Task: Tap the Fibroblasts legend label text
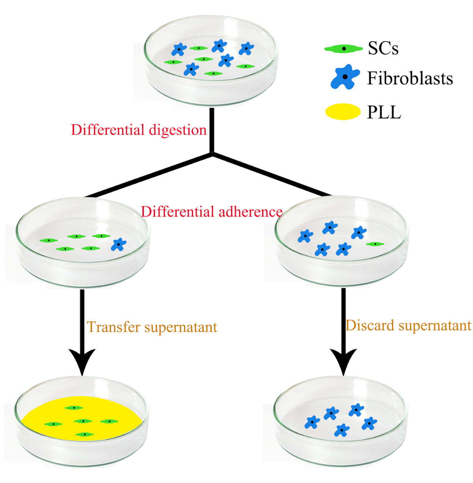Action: point(410,78)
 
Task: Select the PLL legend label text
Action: point(384,112)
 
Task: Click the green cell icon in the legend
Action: point(343,48)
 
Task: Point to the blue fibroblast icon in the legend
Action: point(345,77)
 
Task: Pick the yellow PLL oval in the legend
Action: point(343,111)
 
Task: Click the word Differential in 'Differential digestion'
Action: point(108,130)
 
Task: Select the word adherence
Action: point(250,212)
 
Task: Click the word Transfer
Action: point(114,327)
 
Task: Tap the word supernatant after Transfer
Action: point(181,328)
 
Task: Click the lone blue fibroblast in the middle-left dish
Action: point(119,244)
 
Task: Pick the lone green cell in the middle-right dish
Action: point(375,244)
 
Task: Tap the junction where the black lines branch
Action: point(212,154)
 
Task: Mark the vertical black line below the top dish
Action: point(212,131)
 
